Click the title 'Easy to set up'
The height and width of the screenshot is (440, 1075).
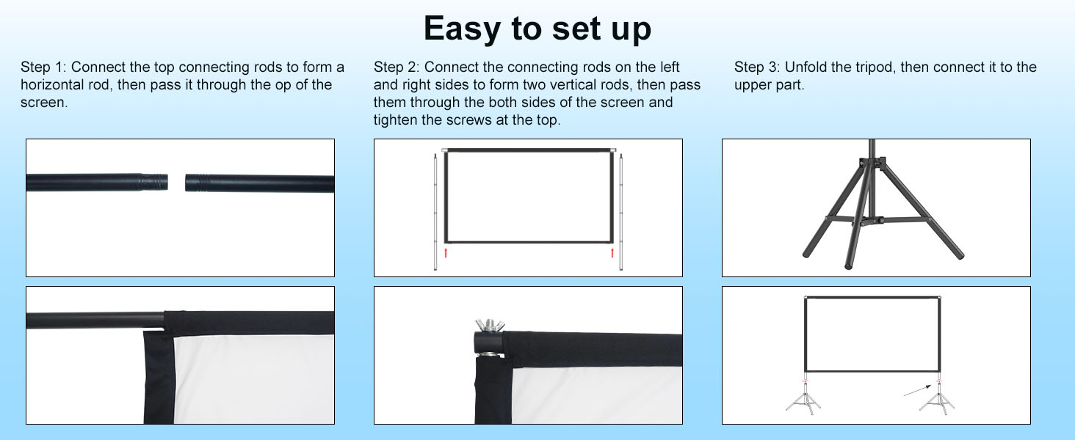537,29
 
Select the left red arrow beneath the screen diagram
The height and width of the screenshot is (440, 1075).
446,253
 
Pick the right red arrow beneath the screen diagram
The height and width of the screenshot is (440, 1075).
612,253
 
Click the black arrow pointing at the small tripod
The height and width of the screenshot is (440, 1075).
917,390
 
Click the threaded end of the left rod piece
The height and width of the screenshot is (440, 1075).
154,183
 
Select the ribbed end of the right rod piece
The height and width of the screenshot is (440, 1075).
197,183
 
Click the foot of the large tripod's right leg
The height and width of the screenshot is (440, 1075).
958,254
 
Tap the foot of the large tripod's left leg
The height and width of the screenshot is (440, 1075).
808,251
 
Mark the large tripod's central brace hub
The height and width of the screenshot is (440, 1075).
871,221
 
